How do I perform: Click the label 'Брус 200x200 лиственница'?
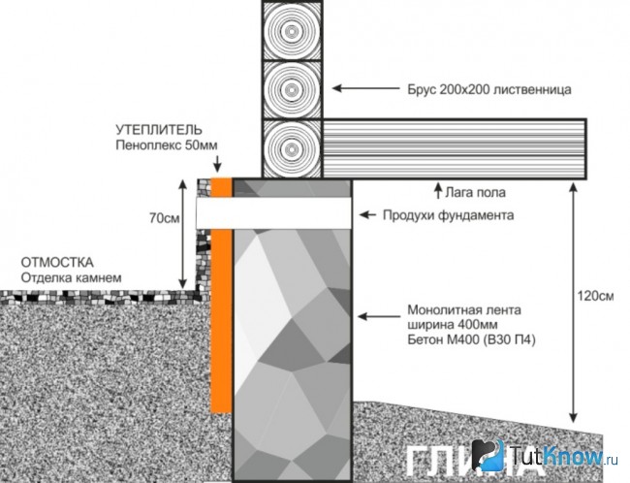[x=488, y=89]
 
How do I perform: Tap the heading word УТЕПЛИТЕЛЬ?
[x=159, y=130]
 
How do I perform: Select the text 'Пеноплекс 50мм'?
[x=167, y=145]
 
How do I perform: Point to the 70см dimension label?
[x=165, y=218]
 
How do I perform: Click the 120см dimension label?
[x=595, y=296]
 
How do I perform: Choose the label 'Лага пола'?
[x=475, y=193]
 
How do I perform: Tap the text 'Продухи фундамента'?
[x=448, y=215]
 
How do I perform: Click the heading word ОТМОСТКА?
[x=57, y=263]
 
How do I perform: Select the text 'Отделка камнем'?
[x=71, y=278]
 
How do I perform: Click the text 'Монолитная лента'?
[x=464, y=310]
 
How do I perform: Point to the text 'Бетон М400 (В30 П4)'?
[x=471, y=339]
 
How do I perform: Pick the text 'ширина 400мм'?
[x=453, y=325]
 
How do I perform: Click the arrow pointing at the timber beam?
[x=366, y=88]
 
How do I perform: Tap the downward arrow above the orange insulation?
[x=217, y=164]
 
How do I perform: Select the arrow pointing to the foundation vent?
[x=367, y=215]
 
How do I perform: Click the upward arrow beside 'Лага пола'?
[x=438, y=190]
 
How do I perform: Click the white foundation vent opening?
[x=274, y=213]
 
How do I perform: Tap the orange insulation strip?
[x=221, y=296]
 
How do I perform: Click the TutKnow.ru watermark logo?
[x=545, y=457]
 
